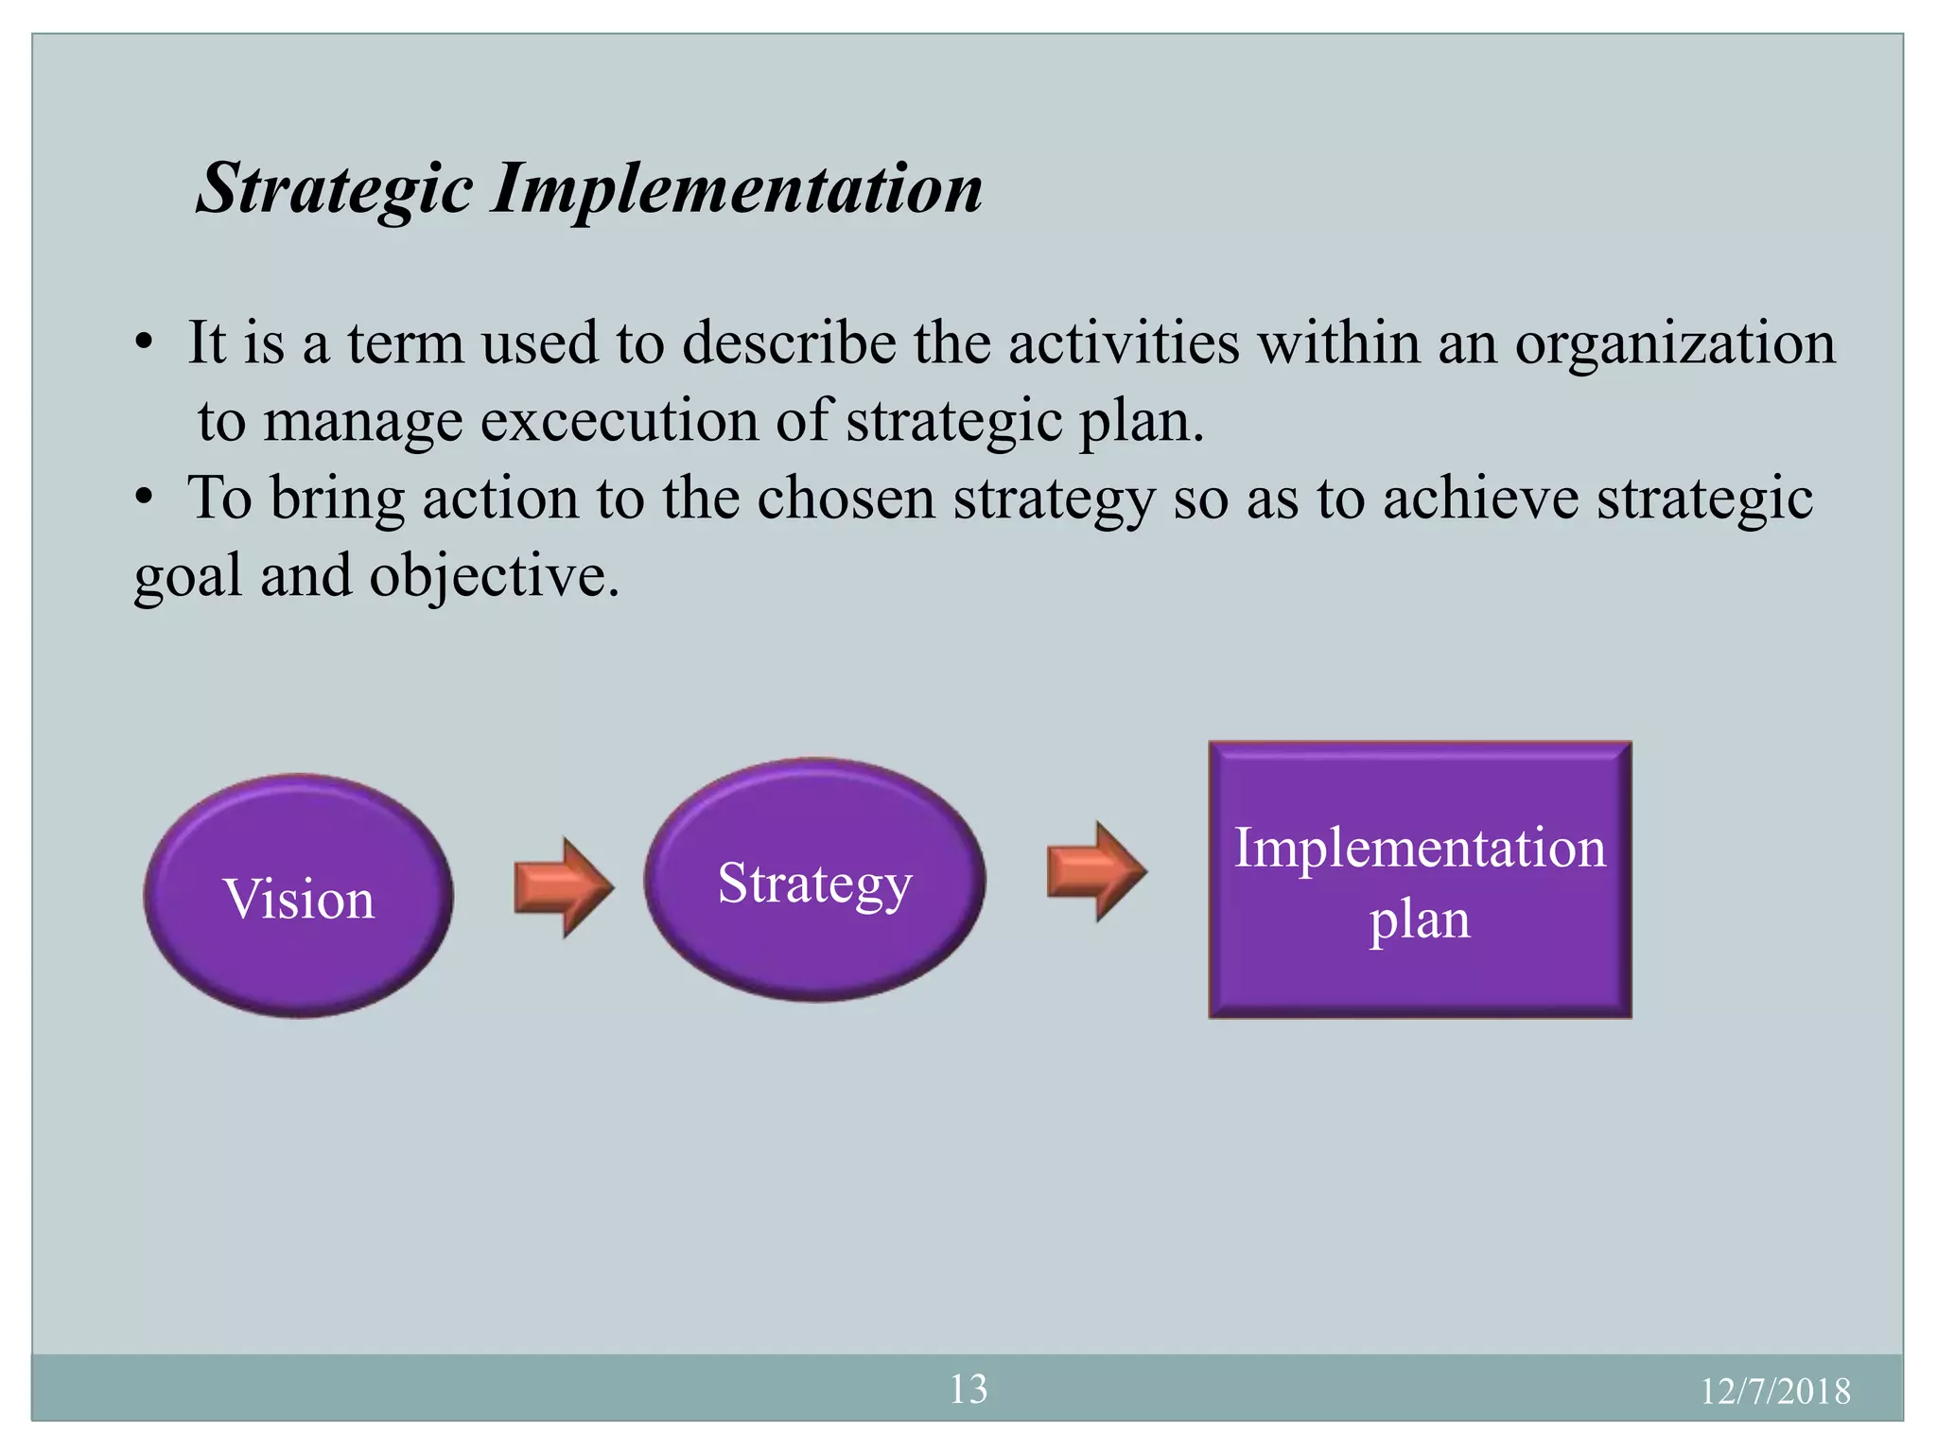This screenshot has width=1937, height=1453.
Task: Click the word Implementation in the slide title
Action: pos(737,189)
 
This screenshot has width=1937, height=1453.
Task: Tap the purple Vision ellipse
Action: pos(298,897)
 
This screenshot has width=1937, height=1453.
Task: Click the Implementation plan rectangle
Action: pos(1420,880)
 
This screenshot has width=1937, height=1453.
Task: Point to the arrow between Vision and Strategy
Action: pos(564,887)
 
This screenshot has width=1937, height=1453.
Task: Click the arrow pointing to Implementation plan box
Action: pos(1096,871)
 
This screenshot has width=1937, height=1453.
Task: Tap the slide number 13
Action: pos(968,1389)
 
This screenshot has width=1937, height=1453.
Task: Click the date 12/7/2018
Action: pos(1774,1392)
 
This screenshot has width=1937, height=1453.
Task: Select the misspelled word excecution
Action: pos(619,421)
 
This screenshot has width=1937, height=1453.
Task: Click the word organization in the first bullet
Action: pos(1674,342)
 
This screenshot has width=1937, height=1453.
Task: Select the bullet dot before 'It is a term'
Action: pos(143,342)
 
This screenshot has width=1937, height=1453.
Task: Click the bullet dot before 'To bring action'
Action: pos(143,499)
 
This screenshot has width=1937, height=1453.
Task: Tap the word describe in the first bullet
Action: pos(789,342)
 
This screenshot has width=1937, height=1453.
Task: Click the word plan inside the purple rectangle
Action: pos(1420,919)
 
